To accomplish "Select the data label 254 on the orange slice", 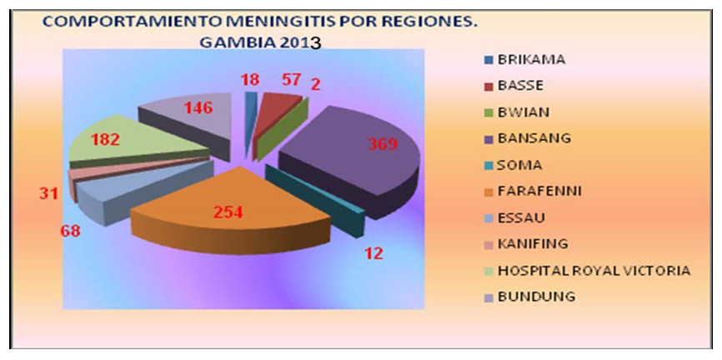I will click(x=228, y=212).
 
